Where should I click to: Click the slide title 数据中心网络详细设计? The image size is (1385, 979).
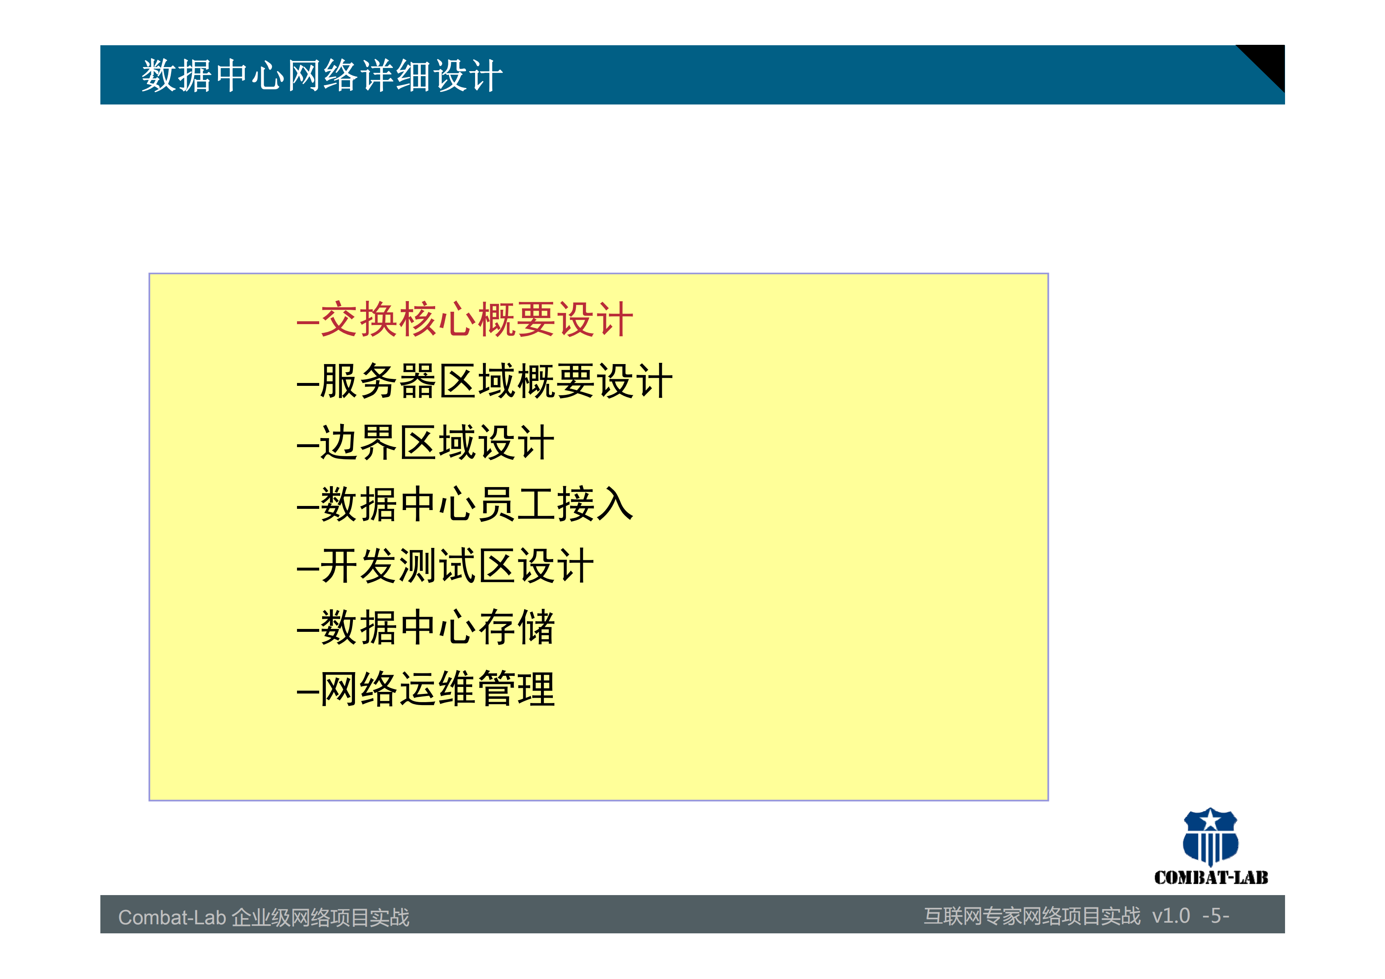322,76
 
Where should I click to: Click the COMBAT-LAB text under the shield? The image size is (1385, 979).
1211,878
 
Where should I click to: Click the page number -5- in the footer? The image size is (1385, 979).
1216,916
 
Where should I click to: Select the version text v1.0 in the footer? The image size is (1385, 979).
1170,916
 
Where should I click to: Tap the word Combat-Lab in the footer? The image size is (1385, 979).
172,917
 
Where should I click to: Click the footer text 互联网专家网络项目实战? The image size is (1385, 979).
1032,916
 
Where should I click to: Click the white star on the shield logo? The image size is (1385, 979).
1211,820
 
